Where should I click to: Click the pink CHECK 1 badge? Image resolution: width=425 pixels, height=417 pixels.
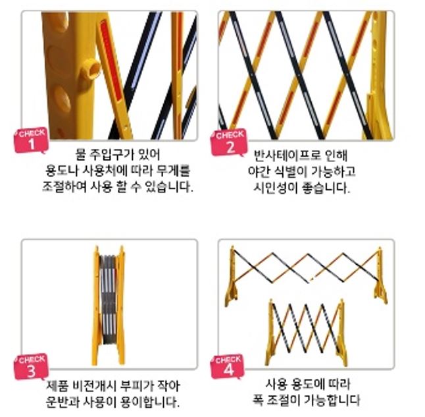(x=31, y=140)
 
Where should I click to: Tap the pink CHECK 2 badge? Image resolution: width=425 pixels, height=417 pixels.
(x=229, y=142)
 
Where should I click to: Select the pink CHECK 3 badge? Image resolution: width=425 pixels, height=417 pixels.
(x=31, y=366)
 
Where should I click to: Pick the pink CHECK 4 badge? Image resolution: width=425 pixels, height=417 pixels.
(x=228, y=366)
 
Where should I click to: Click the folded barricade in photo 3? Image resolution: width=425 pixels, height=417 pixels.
(x=109, y=306)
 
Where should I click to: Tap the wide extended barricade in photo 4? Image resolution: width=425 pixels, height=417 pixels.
(x=307, y=275)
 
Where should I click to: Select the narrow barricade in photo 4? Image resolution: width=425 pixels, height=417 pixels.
(x=307, y=333)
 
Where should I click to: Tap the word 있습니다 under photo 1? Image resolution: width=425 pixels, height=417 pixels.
(x=169, y=187)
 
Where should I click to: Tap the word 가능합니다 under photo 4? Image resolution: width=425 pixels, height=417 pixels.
(x=332, y=400)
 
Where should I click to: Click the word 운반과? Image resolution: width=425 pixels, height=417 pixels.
(x=61, y=402)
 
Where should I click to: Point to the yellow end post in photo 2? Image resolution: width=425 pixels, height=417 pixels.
(x=380, y=76)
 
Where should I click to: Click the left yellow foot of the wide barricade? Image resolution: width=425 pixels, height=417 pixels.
(x=231, y=293)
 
